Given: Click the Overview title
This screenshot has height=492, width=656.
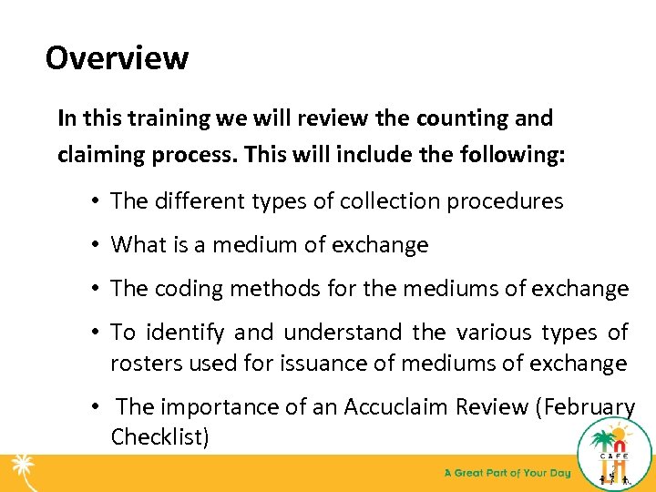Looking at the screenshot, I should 117,58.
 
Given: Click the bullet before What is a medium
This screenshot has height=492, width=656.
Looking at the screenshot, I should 95,245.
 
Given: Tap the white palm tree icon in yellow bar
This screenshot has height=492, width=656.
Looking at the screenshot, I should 24,473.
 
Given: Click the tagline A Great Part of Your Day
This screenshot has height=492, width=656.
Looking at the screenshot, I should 507,473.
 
